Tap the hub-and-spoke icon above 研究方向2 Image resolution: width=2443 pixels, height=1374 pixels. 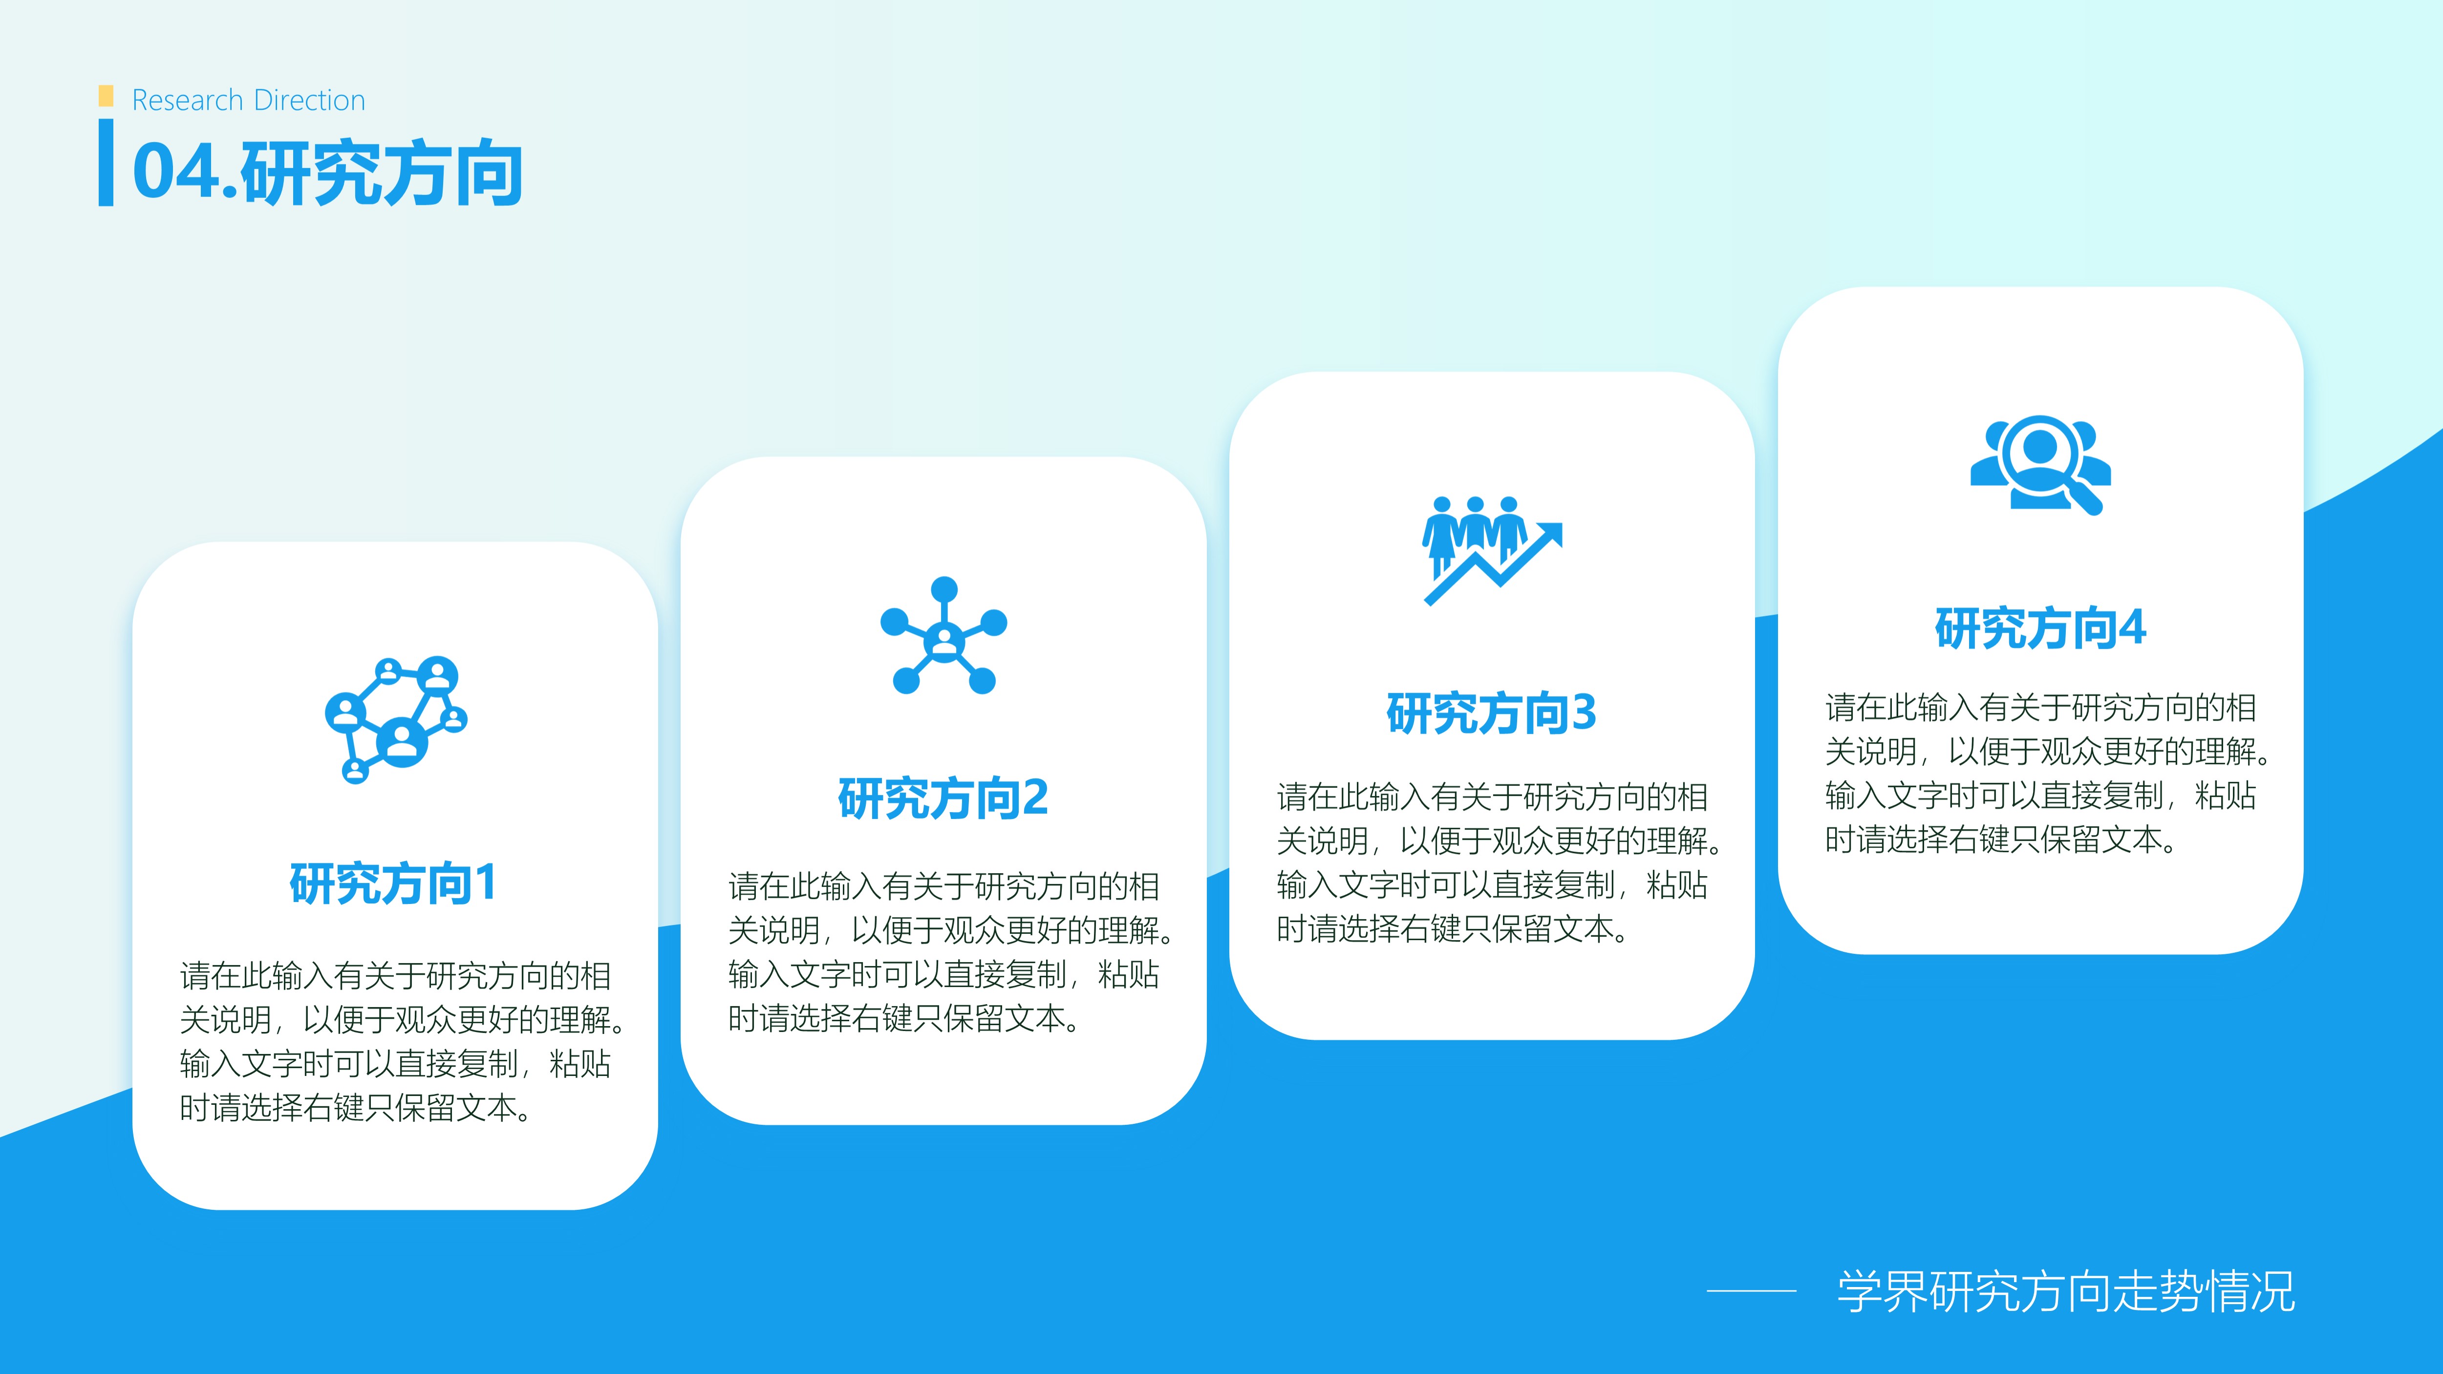pos(943,635)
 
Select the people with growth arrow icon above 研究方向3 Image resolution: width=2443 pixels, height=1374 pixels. pos(1492,550)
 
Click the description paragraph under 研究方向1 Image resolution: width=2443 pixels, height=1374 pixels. pos(403,1041)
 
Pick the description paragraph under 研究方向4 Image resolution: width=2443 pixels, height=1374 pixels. pos(2049,773)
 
